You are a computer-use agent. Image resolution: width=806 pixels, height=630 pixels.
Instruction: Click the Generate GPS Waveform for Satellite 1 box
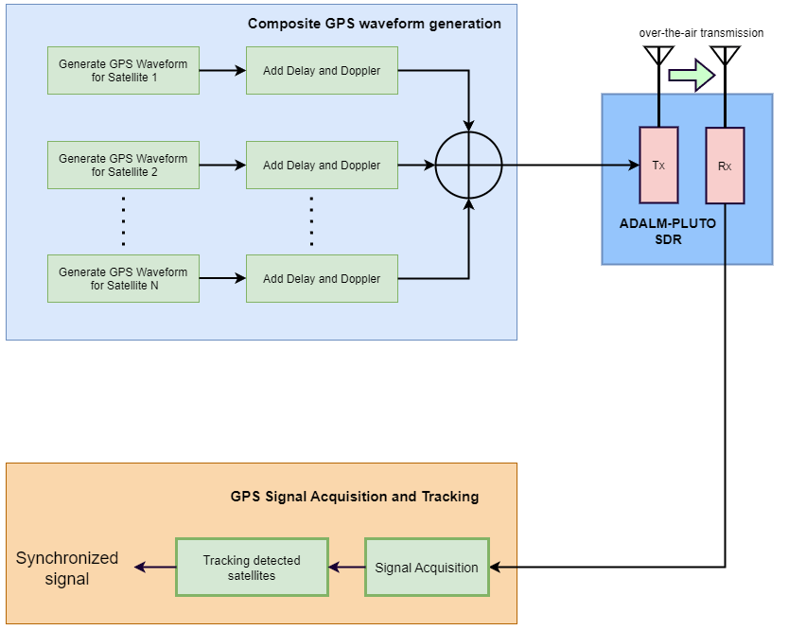(x=123, y=70)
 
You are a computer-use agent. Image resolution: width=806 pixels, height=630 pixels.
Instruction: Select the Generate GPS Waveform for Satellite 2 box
(x=123, y=165)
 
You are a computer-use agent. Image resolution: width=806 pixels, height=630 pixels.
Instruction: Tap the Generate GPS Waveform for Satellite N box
(x=123, y=278)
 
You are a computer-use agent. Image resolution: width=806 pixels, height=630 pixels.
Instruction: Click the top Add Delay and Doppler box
(x=322, y=70)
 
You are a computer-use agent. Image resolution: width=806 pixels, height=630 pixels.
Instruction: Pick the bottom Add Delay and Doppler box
(x=322, y=278)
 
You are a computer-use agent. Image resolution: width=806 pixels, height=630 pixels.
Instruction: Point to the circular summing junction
(x=468, y=166)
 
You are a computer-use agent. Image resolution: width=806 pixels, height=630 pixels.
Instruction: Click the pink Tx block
(x=658, y=166)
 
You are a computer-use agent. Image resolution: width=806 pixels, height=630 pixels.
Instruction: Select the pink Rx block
(x=725, y=166)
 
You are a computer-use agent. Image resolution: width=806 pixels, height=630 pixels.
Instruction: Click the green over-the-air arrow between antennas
(x=691, y=75)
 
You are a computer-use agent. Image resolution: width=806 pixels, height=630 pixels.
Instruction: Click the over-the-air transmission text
(x=701, y=33)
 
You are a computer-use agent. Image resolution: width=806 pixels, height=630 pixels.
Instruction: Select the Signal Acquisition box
(x=427, y=568)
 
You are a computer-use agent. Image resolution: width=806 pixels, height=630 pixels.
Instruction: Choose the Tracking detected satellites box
(x=252, y=568)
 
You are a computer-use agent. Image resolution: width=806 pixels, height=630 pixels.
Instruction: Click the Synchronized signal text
(x=67, y=568)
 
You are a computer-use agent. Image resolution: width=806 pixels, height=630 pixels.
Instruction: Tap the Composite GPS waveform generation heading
(x=375, y=24)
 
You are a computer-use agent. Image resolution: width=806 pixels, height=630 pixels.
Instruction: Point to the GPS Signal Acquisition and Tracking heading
(x=355, y=497)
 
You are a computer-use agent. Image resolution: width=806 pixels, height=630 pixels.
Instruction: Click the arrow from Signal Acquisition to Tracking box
(x=346, y=568)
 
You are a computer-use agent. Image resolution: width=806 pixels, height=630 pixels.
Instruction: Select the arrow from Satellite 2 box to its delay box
(x=222, y=166)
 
